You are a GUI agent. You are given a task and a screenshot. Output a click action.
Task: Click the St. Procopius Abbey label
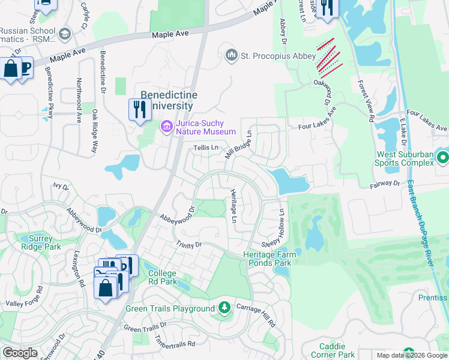(x=278, y=56)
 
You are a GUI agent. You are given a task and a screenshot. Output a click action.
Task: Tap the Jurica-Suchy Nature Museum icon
(x=166, y=127)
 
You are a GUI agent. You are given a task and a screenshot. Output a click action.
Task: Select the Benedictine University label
(x=166, y=100)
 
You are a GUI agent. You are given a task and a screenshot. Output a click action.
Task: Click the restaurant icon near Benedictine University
(x=139, y=109)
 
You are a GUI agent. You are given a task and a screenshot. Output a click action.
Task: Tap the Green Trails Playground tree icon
(x=224, y=308)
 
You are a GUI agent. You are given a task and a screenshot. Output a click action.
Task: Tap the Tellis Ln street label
(x=205, y=148)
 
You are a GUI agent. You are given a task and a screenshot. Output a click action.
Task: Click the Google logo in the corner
(x=20, y=353)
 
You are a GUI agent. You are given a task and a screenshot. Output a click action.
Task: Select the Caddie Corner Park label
(x=332, y=350)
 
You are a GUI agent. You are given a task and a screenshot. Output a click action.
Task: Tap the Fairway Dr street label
(x=385, y=182)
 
